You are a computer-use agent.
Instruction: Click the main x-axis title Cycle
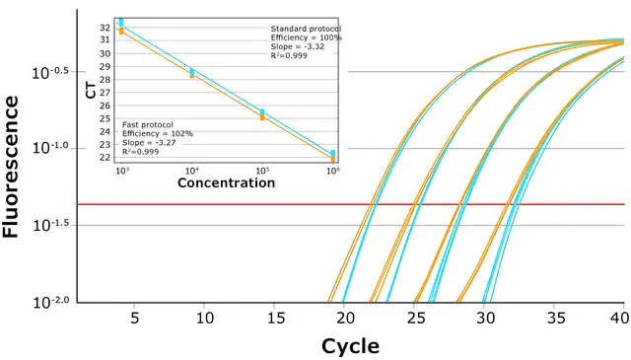pos(350,346)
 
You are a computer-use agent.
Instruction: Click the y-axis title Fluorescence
pos(11,167)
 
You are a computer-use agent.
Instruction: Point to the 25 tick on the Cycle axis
pos(416,319)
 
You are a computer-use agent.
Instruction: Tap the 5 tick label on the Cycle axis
pos(135,319)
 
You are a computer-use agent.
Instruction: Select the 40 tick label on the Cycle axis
pos(620,319)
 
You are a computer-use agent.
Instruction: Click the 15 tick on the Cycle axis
pos(276,319)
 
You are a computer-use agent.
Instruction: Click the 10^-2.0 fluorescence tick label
pos(51,302)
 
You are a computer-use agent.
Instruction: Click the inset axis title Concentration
pos(226,182)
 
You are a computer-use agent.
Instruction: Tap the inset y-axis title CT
pos(92,91)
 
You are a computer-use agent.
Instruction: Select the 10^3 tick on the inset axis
pos(122,171)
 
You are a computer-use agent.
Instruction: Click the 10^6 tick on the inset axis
pos(333,171)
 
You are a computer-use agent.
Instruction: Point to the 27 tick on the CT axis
pos(105,93)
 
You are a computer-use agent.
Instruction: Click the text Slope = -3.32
pos(298,46)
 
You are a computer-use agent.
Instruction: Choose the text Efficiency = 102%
pos(158,134)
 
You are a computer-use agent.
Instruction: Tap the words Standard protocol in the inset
pos(306,29)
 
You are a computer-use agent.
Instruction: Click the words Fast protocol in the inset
pos(148,125)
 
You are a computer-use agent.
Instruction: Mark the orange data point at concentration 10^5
pos(262,117)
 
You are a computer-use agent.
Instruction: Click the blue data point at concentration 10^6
pos(333,153)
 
